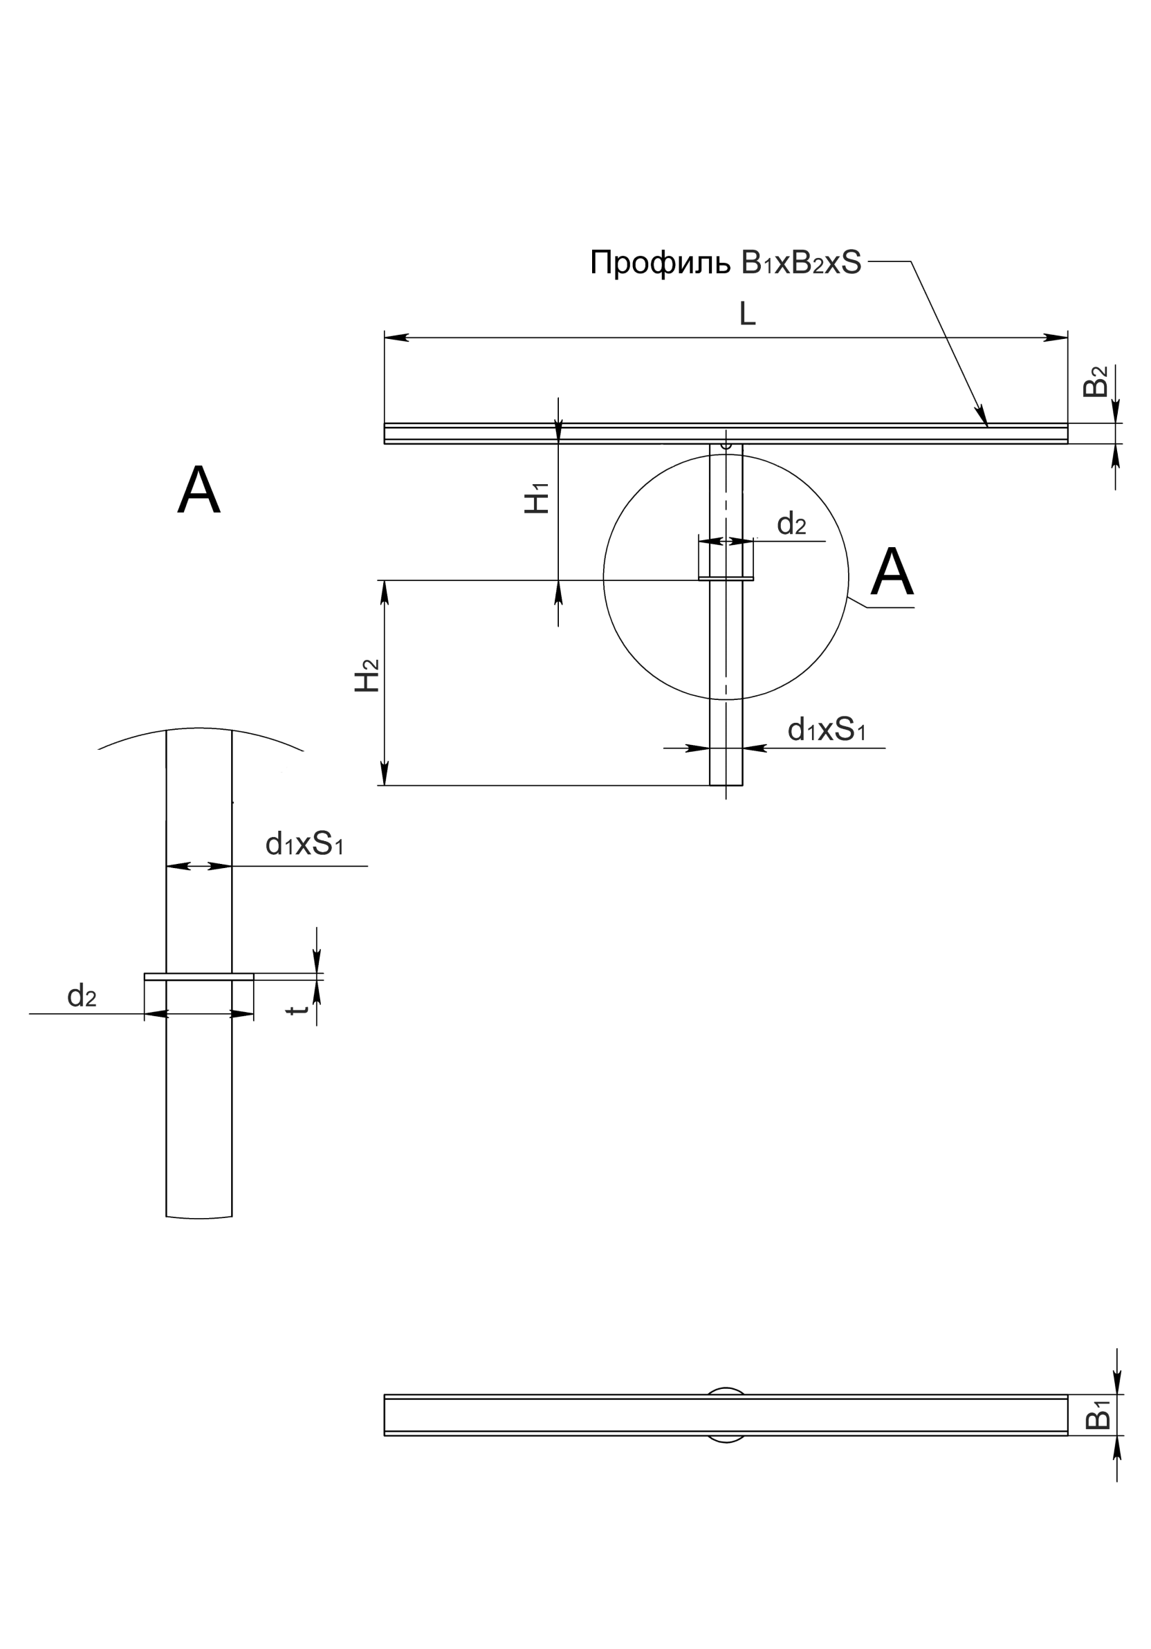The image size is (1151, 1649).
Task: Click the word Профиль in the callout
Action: click(x=660, y=264)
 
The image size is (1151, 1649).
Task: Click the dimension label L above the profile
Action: click(x=748, y=314)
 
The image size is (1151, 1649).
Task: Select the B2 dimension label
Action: click(x=1095, y=381)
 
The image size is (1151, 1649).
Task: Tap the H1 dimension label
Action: click(x=536, y=498)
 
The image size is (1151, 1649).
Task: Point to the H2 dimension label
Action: click(x=367, y=675)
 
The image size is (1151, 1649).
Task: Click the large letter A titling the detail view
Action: click(x=199, y=490)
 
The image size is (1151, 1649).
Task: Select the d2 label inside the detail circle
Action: click(x=791, y=524)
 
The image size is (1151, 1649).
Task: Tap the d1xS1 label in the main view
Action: click(x=827, y=730)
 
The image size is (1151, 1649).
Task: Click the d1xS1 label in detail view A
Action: click(x=304, y=844)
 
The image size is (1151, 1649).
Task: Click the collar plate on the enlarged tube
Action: click(x=199, y=977)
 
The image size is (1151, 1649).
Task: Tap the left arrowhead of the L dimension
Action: click(x=396, y=337)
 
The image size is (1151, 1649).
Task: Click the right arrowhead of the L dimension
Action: click(x=1056, y=337)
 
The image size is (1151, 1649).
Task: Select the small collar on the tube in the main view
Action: click(x=726, y=578)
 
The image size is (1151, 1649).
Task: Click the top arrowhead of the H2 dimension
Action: click(x=384, y=593)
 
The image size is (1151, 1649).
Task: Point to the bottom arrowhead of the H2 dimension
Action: click(x=384, y=773)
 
